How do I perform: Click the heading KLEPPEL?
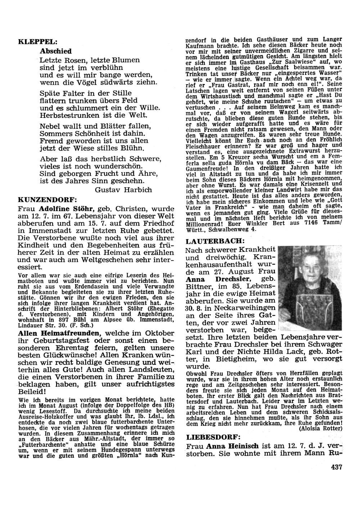click(x=37, y=41)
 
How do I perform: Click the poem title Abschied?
click(x=56, y=51)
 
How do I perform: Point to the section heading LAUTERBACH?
click(x=215, y=240)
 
